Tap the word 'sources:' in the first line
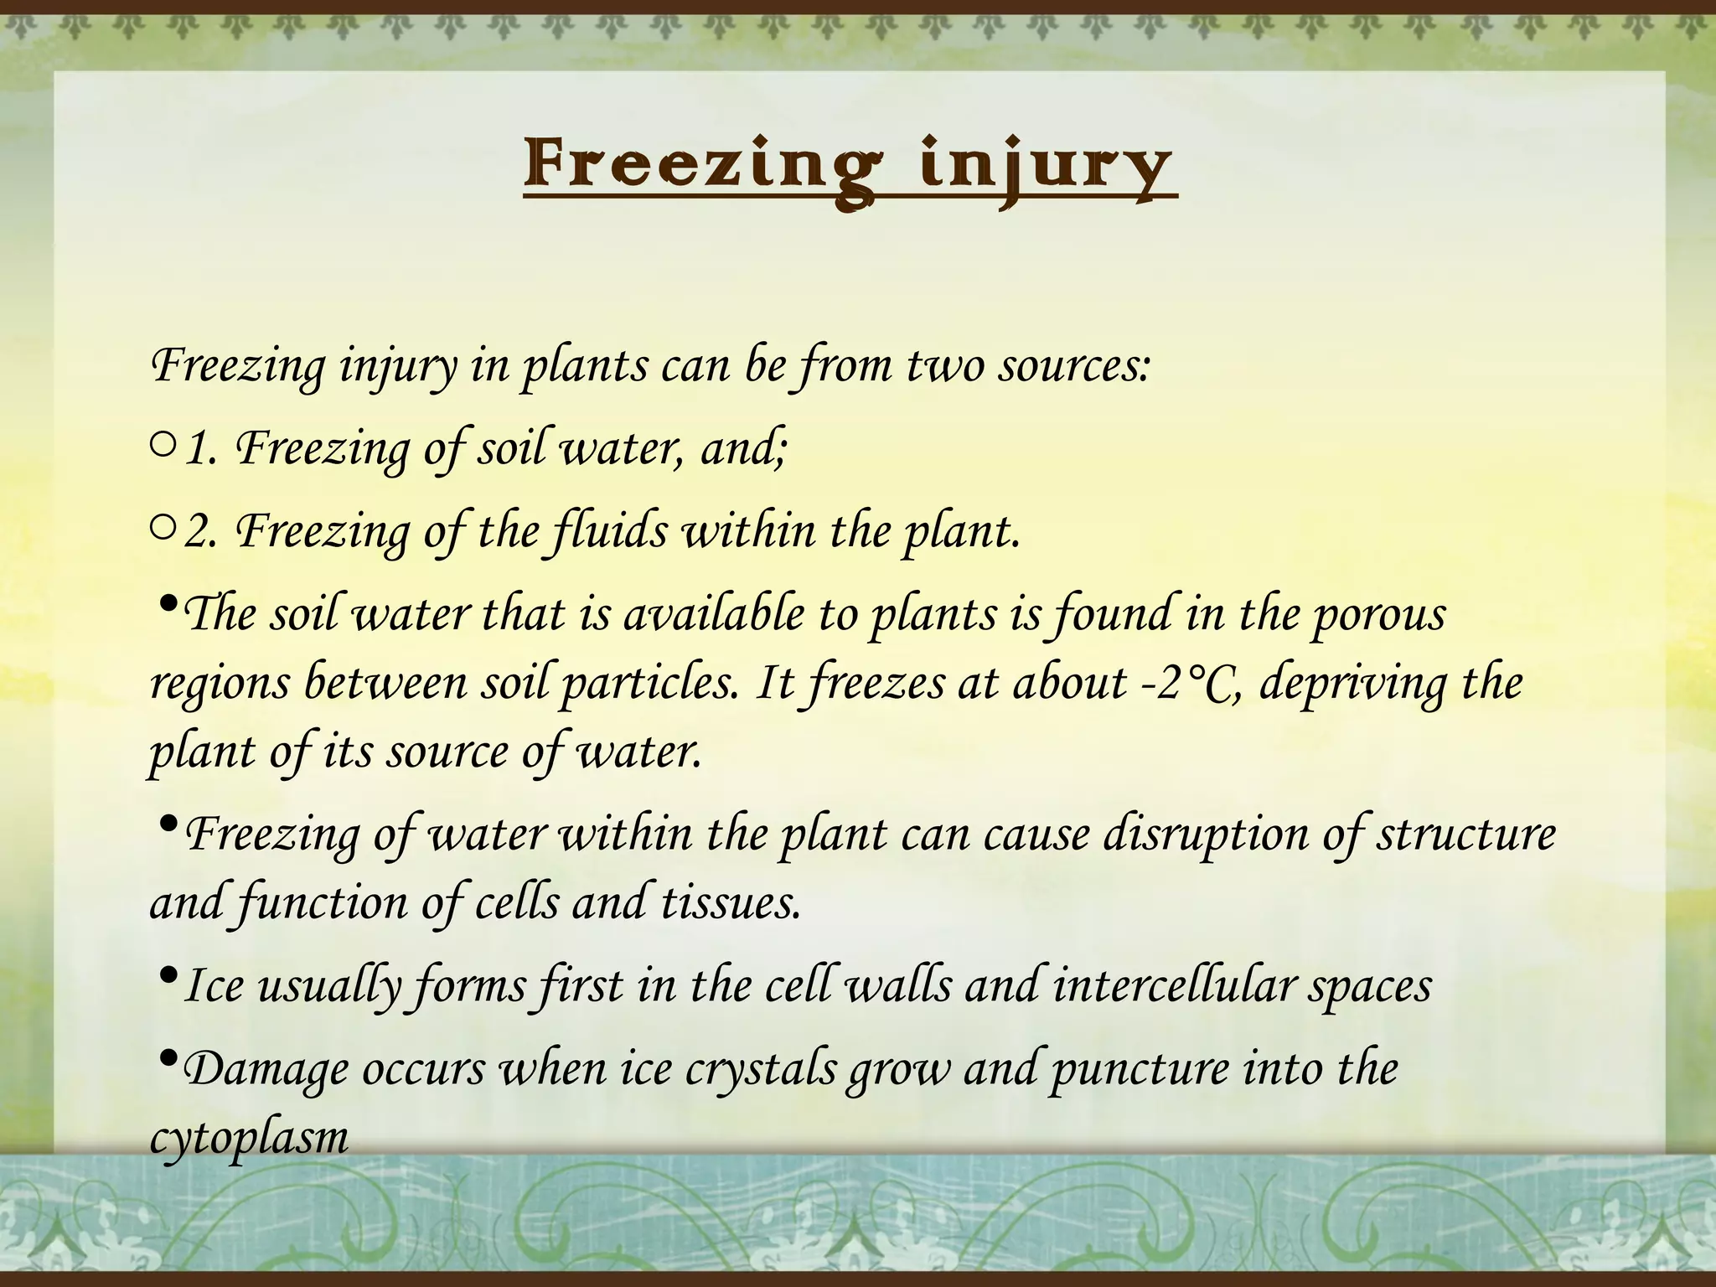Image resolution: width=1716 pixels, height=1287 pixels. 1074,366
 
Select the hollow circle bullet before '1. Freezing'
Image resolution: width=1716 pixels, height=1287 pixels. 163,446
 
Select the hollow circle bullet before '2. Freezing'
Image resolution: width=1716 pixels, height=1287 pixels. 163,528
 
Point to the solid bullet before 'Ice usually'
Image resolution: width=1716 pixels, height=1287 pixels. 167,975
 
